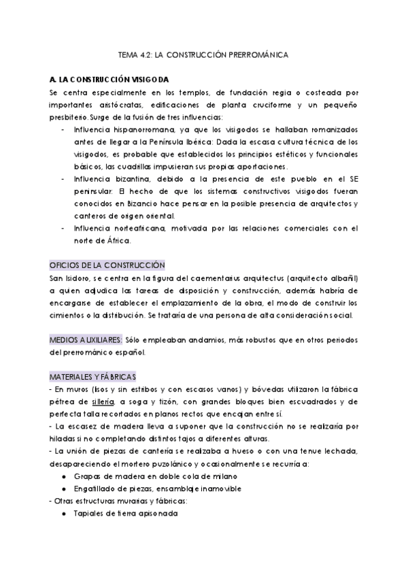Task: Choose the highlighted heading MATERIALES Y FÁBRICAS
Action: click(92, 376)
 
